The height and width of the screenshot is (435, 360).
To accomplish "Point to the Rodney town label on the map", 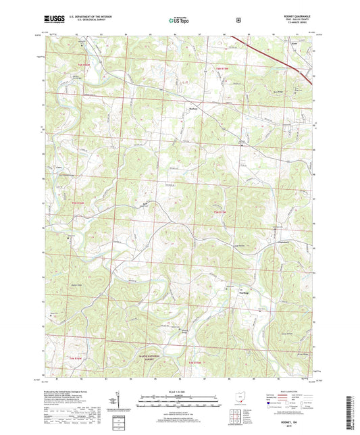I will (192, 107).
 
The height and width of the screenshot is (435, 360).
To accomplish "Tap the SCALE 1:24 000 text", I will (180, 392).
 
